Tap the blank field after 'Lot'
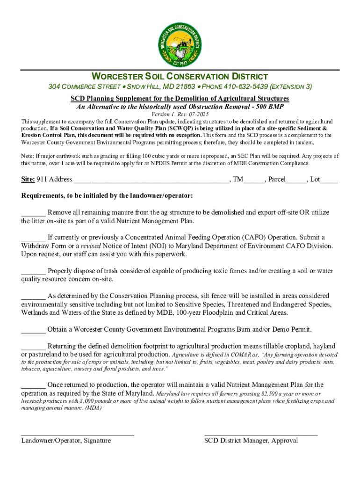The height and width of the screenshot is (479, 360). click(329, 180)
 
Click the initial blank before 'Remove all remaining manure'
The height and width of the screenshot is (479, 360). click(33, 213)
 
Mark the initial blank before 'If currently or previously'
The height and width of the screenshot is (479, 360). click(33, 238)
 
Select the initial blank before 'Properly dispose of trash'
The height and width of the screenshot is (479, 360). click(33, 271)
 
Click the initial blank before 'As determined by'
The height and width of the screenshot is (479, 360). click(33, 296)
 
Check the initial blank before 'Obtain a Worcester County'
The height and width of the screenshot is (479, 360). click(33, 330)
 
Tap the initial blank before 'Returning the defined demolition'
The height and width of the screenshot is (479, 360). click(33, 347)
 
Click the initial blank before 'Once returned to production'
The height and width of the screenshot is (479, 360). click(33, 385)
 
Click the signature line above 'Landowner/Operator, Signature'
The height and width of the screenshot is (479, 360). click(78, 435)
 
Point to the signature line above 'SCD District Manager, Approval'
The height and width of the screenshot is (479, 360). click(261, 435)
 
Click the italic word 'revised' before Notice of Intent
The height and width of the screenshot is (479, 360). click(91, 246)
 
